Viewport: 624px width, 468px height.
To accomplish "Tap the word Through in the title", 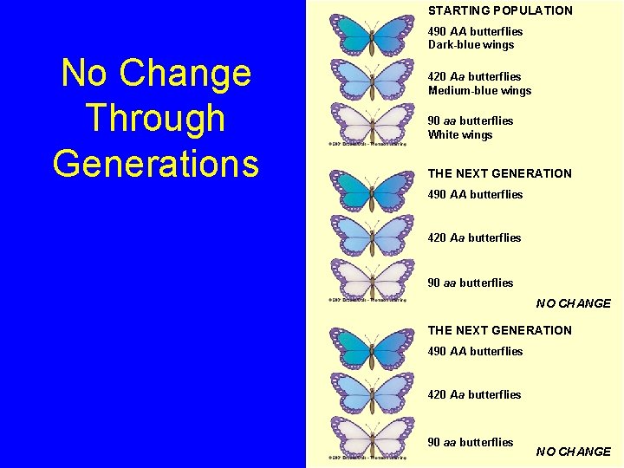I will click(x=156, y=119).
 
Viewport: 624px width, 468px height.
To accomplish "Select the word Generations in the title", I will click(x=156, y=163).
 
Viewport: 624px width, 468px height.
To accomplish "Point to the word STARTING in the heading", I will click(x=458, y=10).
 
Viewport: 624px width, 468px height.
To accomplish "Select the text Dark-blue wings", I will click(x=471, y=45).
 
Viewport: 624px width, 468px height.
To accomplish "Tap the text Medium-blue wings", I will click(x=479, y=91).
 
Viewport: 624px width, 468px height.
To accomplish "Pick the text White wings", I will click(x=459, y=135).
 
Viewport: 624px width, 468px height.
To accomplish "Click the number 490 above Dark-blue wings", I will click(x=438, y=31).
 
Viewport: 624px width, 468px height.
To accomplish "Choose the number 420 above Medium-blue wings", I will click(x=438, y=77).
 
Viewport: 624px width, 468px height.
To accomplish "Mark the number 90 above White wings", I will click(x=434, y=121).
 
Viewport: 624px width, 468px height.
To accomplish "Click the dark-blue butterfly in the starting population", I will click(x=372, y=36).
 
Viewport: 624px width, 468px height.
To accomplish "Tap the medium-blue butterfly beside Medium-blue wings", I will click(x=372, y=80).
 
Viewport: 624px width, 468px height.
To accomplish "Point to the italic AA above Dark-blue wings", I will click(x=458, y=31).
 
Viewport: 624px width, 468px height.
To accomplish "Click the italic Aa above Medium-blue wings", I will click(x=458, y=77).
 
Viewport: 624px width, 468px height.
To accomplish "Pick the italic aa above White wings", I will click(x=450, y=121).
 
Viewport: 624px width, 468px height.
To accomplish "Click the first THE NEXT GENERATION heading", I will click(x=499, y=173).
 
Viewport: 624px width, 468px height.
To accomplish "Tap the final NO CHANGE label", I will click(x=573, y=452).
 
